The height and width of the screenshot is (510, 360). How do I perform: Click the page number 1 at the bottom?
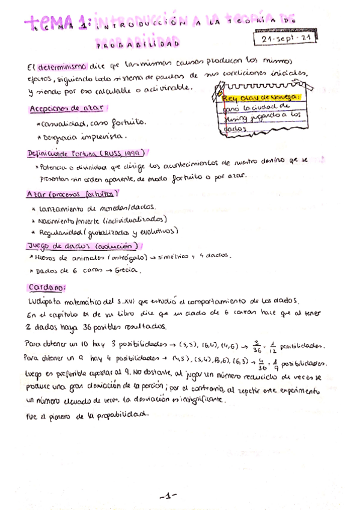(169, 479)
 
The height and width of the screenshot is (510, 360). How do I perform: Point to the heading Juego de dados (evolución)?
(84, 246)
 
